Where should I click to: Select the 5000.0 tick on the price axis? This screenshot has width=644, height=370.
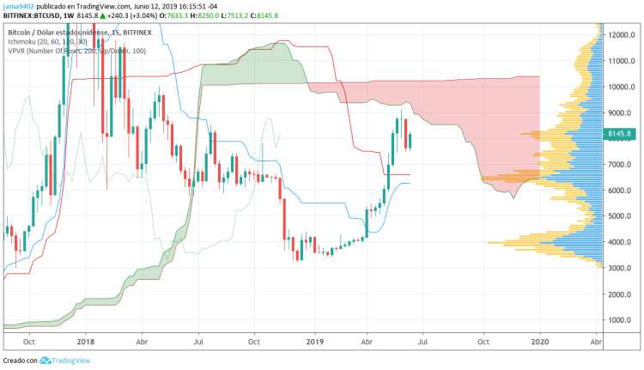click(x=622, y=216)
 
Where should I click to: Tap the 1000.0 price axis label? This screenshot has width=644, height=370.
click(x=622, y=320)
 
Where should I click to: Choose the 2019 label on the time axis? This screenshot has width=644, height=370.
click(x=315, y=341)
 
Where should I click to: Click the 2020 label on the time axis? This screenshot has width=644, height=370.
click(x=540, y=341)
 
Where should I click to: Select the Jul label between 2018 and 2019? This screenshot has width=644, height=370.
click(x=198, y=341)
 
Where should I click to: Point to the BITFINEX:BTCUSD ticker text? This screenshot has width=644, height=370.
click(x=32, y=15)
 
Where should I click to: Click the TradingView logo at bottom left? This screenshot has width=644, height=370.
click(x=60, y=361)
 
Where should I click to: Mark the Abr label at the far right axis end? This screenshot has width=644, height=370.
click(x=595, y=341)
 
